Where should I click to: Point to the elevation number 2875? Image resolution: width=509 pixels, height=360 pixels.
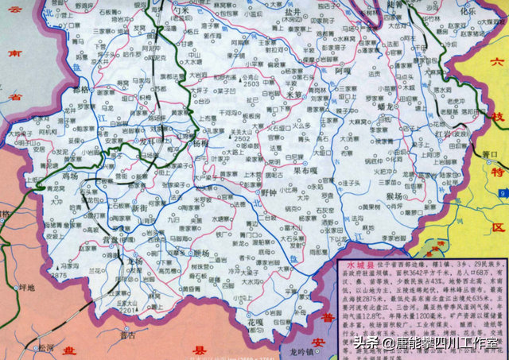pyautogui.click(x=58, y=275)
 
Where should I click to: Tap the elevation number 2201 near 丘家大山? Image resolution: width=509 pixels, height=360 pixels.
pyautogui.click(x=127, y=311)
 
